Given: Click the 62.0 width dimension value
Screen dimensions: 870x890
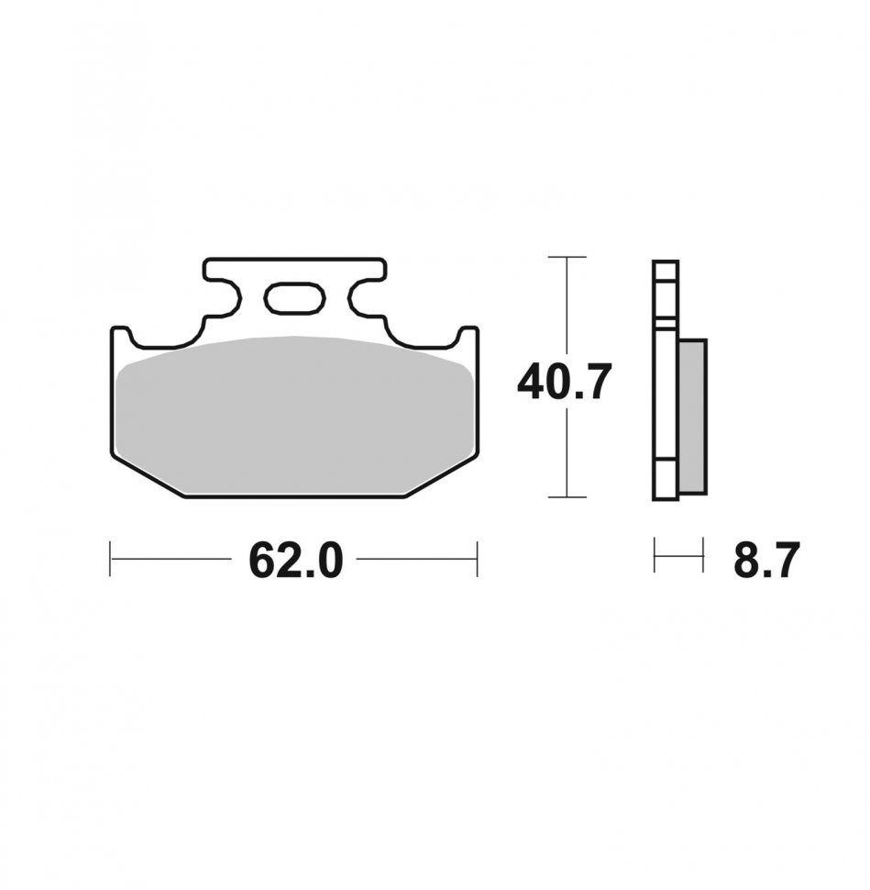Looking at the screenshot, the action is [x=295, y=561].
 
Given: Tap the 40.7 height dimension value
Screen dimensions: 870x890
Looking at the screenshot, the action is [x=565, y=382].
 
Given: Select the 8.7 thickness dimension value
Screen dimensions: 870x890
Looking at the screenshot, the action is [x=766, y=561].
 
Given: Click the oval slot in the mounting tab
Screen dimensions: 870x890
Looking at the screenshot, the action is [x=295, y=298].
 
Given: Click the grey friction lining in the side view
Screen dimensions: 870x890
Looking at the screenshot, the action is [x=692, y=416].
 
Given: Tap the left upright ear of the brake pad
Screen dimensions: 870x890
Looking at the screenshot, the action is [x=121, y=338].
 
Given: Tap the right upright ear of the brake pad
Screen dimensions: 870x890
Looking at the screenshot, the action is [x=468, y=338].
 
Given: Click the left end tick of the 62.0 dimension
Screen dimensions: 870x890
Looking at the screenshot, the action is [x=110, y=559].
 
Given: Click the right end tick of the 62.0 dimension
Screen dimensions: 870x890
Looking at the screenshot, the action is [x=478, y=559].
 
